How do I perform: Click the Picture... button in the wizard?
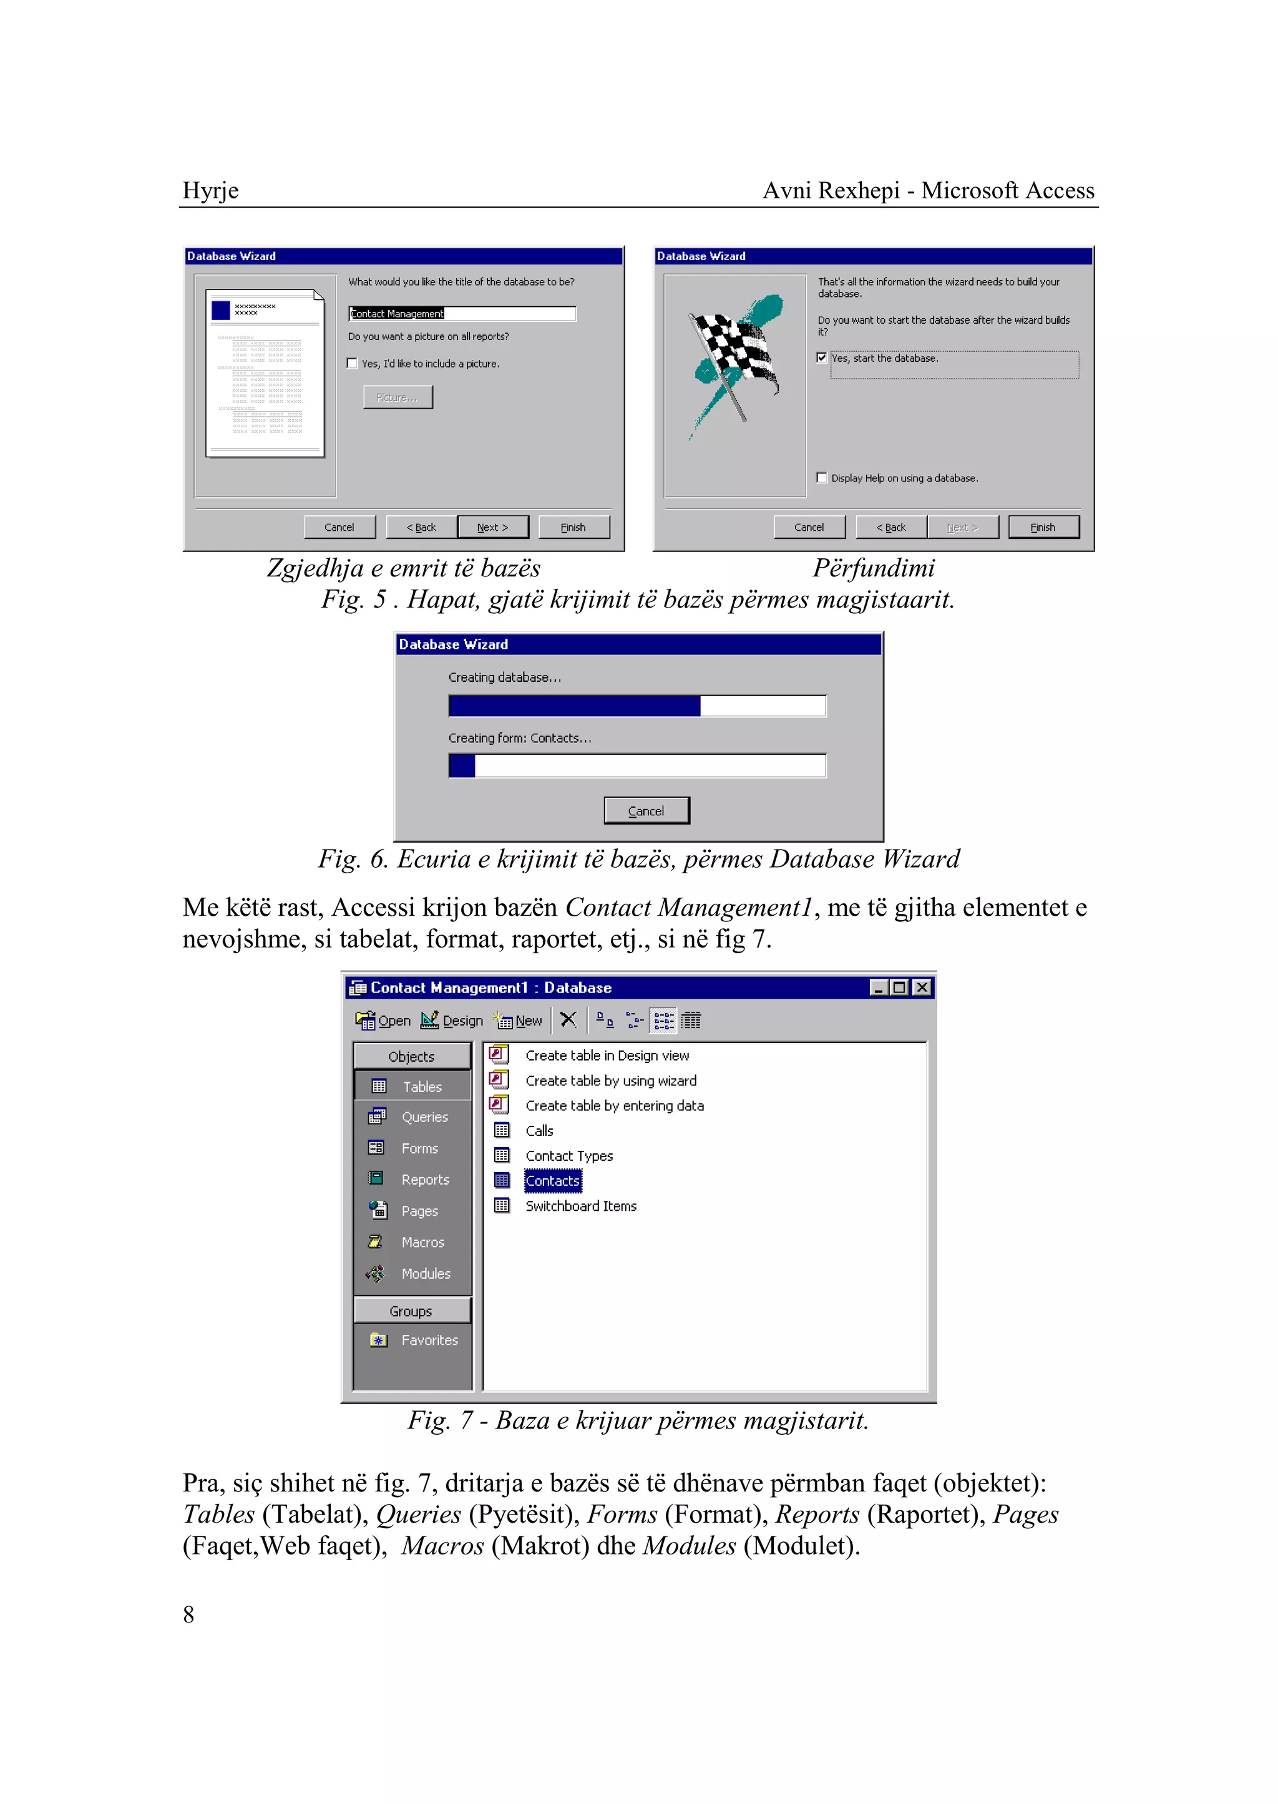click(x=398, y=397)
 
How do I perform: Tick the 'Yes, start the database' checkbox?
click(x=822, y=358)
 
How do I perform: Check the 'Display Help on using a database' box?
click(x=822, y=478)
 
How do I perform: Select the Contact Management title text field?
click(x=462, y=313)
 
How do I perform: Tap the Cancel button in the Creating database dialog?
click(x=646, y=810)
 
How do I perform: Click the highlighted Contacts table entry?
click(x=552, y=1180)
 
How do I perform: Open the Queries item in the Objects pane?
click(x=424, y=1117)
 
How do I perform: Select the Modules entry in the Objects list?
click(x=425, y=1273)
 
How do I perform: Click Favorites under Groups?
click(x=429, y=1340)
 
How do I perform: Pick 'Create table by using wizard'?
click(x=611, y=1080)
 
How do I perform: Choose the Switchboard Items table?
click(x=581, y=1205)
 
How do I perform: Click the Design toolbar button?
click(x=452, y=1021)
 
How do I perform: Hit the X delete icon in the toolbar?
click(x=568, y=1020)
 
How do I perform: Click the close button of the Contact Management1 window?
click(x=922, y=987)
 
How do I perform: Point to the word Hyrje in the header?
click(x=210, y=190)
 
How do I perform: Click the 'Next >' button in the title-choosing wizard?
click(x=492, y=527)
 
